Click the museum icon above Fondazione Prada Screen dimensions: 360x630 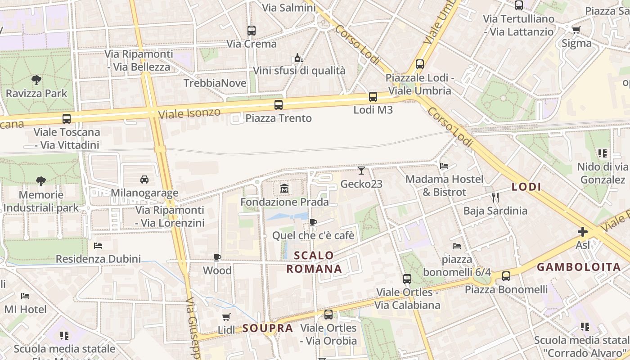coord(284,188)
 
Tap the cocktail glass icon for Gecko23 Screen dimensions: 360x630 coord(361,170)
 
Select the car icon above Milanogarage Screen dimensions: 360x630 coord(144,179)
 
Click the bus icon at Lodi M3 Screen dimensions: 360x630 coord(373,96)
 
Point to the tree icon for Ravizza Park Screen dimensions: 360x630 coord(36,80)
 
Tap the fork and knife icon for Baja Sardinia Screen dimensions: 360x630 coord(495,197)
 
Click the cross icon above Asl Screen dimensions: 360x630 coord(583,232)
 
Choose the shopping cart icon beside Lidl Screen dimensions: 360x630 coord(226,317)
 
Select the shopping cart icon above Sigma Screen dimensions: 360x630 coord(576,30)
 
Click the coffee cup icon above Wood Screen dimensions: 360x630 coord(217,257)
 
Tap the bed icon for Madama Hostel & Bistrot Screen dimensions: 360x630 coord(444,166)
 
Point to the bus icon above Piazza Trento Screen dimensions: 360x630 coord(279,105)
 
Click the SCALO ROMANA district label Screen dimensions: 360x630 coord(314,262)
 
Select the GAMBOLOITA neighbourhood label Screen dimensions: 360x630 coord(579,267)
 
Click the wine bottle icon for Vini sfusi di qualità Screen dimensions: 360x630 coord(299,58)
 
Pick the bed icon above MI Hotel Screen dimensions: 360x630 coord(25,296)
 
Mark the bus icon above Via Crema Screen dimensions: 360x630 coord(252,31)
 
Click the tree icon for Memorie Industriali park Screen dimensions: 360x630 coord(41,181)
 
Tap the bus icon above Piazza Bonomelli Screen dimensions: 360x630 coord(506,276)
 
